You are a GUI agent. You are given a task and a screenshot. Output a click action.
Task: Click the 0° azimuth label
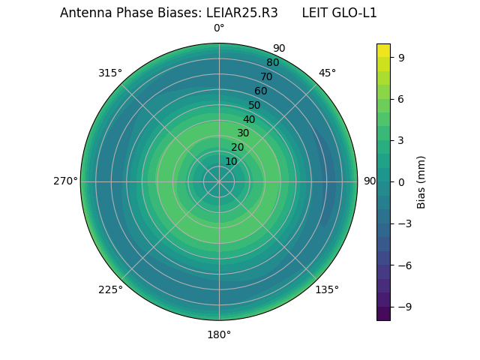tap(219, 28)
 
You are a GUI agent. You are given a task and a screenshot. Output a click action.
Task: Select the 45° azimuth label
tap(327, 73)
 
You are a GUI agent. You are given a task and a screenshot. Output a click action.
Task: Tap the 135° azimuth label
tap(327, 289)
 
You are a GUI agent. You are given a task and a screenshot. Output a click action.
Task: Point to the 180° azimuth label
tap(219, 334)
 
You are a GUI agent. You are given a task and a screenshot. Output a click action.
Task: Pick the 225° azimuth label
tap(110, 289)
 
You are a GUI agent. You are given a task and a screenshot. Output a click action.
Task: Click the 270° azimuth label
tap(65, 181)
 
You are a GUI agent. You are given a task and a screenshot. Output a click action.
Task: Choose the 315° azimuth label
tap(110, 73)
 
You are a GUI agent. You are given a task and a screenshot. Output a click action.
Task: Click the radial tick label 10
tap(231, 161)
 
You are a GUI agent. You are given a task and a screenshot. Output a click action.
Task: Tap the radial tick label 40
tap(249, 119)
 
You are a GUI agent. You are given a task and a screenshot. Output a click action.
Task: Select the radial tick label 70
tap(266, 77)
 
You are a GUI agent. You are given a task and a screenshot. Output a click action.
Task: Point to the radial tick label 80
tap(272, 63)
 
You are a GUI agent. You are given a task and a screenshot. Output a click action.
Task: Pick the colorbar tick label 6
tap(401, 98)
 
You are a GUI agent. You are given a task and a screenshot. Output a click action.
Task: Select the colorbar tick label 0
tap(401, 181)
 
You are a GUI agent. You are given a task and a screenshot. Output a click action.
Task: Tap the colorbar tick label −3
tap(404, 223)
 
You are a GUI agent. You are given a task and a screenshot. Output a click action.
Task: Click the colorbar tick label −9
tap(404, 307)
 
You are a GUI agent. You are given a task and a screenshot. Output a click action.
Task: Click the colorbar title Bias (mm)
tap(421, 181)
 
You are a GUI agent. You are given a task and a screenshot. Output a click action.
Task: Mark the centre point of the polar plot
tap(219, 181)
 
